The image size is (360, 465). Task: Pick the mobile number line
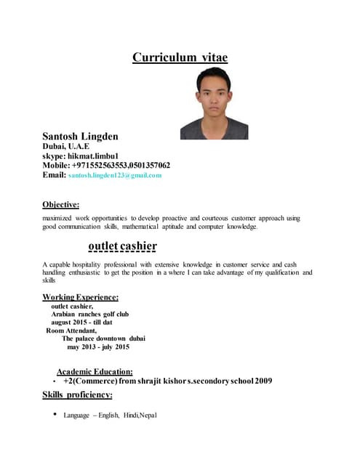(x=106, y=165)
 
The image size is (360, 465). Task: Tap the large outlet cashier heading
(x=122, y=245)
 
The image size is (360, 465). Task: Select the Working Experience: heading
(x=81, y=296)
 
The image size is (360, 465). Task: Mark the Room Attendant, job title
(x=71, y=330)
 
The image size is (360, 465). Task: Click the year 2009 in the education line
(x=263, y=380)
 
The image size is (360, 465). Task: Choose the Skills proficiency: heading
(x=78, y=395)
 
